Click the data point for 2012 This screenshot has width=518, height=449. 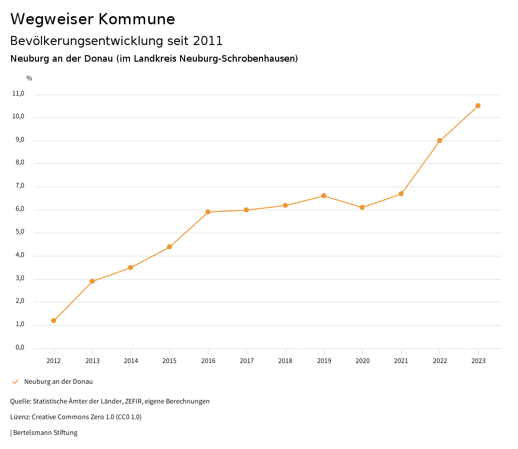coord(54,321)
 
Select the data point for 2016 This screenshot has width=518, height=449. coord(208,212)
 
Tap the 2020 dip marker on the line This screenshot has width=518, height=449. coord(362,207)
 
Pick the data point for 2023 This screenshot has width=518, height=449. coord(478,106)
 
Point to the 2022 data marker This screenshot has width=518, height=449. coord(440,141)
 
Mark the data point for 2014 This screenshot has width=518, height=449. coord(131,267)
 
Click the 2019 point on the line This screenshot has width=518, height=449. coord(324,196)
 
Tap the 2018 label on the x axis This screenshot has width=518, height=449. coord(285,361)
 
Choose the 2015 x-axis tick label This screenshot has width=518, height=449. coord(169,361)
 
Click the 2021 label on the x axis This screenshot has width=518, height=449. coord(401,361)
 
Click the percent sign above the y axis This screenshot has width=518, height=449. coord(29,78)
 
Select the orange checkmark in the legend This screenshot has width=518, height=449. coord(15,382)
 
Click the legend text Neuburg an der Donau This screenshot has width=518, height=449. coord(58,382)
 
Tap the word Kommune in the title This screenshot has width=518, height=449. coord(137,19)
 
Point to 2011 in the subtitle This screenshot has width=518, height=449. coord(208,40)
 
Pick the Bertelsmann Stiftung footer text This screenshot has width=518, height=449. coord(45,433)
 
